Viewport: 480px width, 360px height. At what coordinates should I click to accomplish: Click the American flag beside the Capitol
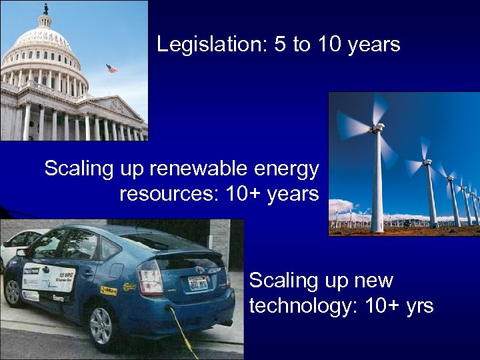click(111, 69)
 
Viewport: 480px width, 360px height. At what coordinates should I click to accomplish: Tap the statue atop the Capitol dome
click(46, 9)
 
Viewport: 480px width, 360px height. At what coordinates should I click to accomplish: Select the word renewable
click(195, 169)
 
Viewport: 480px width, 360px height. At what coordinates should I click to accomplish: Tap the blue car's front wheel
click(12, 291)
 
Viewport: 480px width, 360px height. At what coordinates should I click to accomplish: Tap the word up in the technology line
click(331, 281)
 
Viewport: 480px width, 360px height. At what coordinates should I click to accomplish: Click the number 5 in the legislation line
click(279, 45)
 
